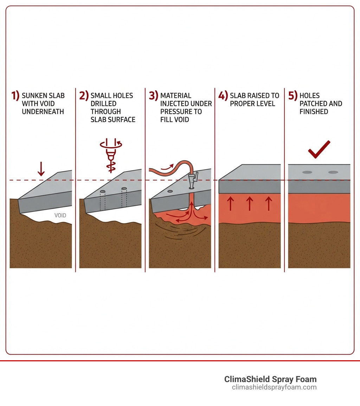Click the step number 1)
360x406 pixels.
point(15,96)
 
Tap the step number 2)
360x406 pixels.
point(84,96)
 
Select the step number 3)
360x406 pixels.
point(154,96)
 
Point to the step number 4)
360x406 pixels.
point(223,96)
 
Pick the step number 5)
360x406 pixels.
point(293,96)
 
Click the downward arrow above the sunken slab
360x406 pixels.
point(41,169)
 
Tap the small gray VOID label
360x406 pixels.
point(60,216)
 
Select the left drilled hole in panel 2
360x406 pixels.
point(103,192)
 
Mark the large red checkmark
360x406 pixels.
point(319,150)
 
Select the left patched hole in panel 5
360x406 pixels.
point(307,172)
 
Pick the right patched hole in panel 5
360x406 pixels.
point(333,172)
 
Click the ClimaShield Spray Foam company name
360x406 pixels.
point(270,379)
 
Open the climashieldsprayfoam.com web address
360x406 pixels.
point(274,387)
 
